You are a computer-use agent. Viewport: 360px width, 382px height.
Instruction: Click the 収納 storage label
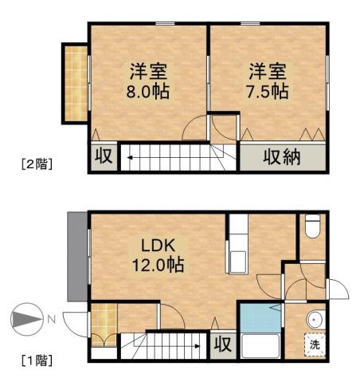click(282, 157)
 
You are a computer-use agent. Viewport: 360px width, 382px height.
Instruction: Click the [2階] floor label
click(37, 165)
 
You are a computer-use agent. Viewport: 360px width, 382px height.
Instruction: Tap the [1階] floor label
click(37, 360)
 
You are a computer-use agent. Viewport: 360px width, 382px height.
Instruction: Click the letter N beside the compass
click(50, 321)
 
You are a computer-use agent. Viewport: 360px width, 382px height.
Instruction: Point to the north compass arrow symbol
click(25, 321)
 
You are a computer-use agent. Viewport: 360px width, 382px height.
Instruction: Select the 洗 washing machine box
click(314, 346)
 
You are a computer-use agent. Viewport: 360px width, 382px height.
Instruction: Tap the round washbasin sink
click(315, 320)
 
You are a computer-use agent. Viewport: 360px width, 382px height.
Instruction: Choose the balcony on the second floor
click(75, 82)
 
